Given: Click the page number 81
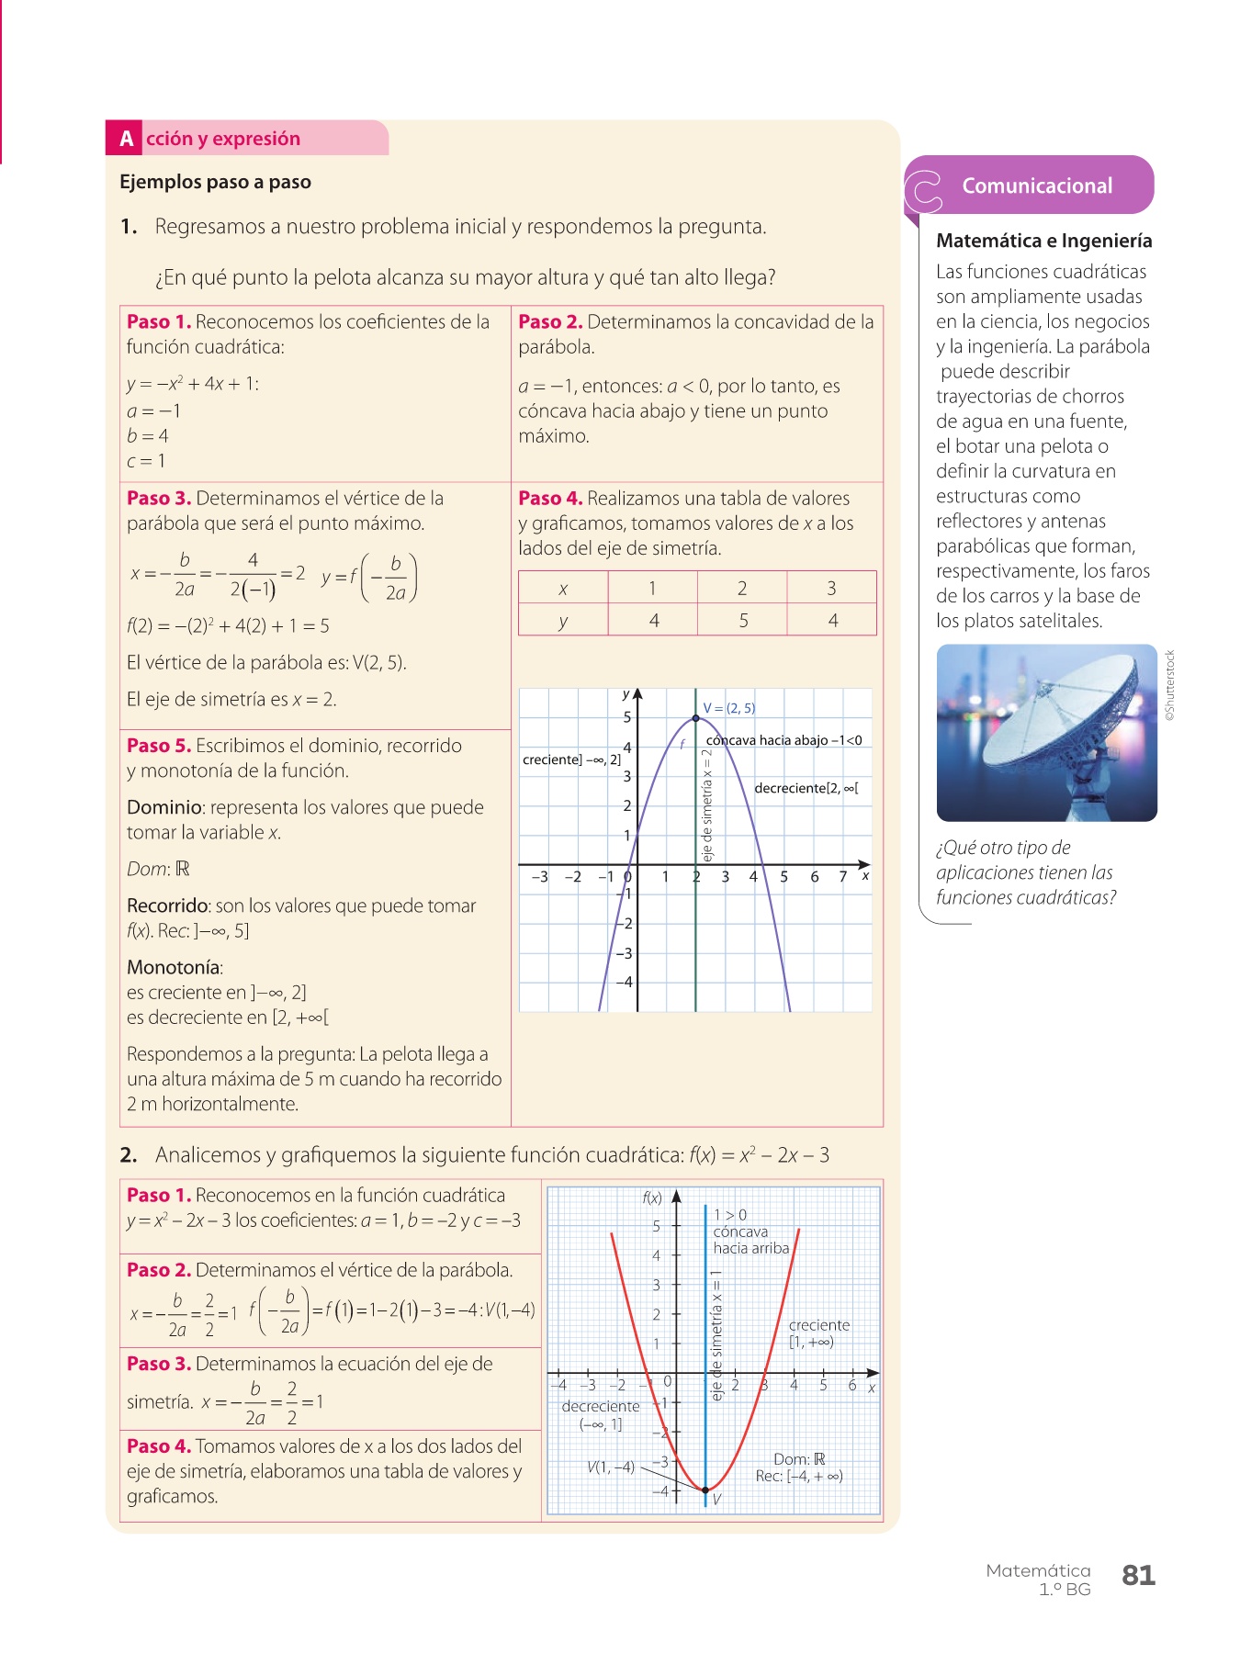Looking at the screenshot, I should tap(1138, 1575).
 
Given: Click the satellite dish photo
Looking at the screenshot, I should tap(1046, 732).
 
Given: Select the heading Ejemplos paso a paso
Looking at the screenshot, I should tap(215, 182).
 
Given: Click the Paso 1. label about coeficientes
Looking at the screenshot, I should tap(159, 321).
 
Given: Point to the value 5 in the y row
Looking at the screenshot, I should tap(743, 621).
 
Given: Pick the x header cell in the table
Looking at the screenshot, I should tap(563, 589).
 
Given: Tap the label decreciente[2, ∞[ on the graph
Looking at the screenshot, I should tap(806, 788).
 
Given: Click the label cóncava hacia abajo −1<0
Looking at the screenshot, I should tap(783, 740).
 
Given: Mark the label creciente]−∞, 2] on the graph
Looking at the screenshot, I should tap(571, 759).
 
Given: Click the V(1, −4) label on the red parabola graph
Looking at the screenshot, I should tap(611, 1467).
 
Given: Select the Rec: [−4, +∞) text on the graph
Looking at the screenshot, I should tap(799, 1476).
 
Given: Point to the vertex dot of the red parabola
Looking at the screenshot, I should tap(705, 1490).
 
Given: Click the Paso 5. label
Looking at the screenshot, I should tap(159, 746).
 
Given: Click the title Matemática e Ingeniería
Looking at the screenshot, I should tap(1043, 241).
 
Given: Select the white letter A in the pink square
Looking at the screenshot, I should tap(126, 139).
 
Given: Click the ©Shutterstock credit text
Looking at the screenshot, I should tap(1170, 685).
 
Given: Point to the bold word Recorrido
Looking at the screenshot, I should tap(168, 905).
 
